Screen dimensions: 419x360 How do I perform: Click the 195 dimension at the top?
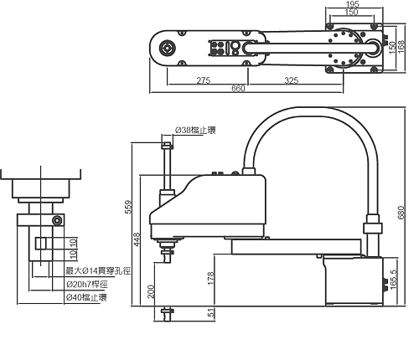click(x=352, y=4)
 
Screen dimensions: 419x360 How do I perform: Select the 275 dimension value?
click(x=204, y=80)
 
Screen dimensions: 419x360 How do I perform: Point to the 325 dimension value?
click(x=292, y=80)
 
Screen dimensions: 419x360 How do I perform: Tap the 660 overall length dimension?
click(x=238, y=89)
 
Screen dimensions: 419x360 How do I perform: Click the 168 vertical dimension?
click(x=401, y=47)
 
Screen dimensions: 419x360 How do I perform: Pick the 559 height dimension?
click(x=128, y=207)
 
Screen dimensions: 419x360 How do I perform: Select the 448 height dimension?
click(x=137, y=239)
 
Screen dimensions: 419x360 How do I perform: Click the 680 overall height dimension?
click(x=401, y=213)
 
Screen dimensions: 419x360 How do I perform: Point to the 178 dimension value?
click(x=210, y=278)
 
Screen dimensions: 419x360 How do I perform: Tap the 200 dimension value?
click(x=151, y=291)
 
